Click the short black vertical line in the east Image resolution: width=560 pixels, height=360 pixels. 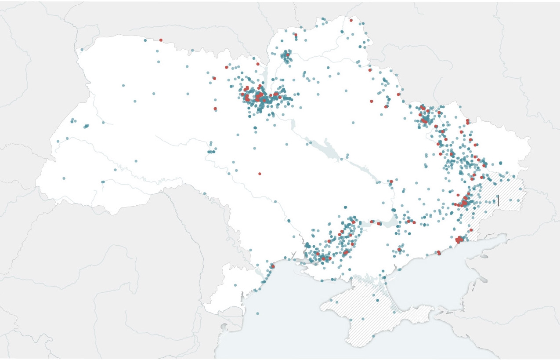pyautogui.click(x=498, y=200)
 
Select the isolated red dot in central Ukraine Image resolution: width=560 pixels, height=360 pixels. pyautogui.click(x=260, y=174)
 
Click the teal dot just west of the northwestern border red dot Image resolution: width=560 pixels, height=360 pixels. pyautogui.click(x=145, y=40)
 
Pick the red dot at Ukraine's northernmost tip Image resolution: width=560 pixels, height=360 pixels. pyautogui.click(x=351, y=20)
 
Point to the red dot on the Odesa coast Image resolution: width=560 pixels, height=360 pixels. pyautogui.click(x=272, y=266)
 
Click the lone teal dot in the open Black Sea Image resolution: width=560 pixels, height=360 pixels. pyautogui.click(x=257, y=313)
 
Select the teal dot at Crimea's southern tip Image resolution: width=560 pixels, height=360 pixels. pyautogui.click(x=373, y=337)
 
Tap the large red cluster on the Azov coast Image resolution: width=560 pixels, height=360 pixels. pyautogui.click(x=459, y=240)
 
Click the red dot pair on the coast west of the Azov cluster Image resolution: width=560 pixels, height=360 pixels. pyautogui.click(x=438, y=253)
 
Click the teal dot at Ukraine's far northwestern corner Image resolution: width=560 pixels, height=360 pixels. pyautogui.click(x=82, y=49)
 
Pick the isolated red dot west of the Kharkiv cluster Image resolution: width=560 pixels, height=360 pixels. pyautogui.click(x=372, y=101)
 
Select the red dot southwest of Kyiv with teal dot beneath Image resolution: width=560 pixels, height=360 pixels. pyautogui.click(x=215, y=108)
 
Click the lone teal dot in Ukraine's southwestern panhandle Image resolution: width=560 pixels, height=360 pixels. pyautogui.click(x=235, y=285)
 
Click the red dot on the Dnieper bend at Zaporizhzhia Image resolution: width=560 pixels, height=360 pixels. pyautogui.click(x=391, y=181)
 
